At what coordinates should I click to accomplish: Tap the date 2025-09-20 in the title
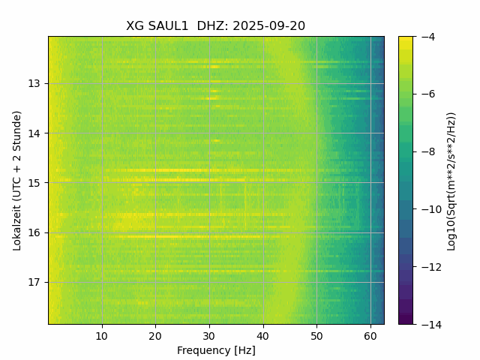pos(268,25)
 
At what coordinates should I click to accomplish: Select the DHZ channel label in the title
pos(212,25)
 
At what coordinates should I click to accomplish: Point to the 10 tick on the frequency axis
pos(102,335)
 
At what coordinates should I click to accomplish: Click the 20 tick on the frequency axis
pos(155,335)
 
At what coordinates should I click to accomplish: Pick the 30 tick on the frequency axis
pos(209,335)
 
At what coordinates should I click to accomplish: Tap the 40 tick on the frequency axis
pos(262,335)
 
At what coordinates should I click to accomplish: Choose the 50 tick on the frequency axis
pos(316,335)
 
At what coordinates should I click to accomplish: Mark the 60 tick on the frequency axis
pos(370,335)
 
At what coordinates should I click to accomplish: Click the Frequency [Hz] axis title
pos(216,350)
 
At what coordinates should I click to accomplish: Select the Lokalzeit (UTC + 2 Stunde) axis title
pos(17,180)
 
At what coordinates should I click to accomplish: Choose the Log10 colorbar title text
pos(451,180)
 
